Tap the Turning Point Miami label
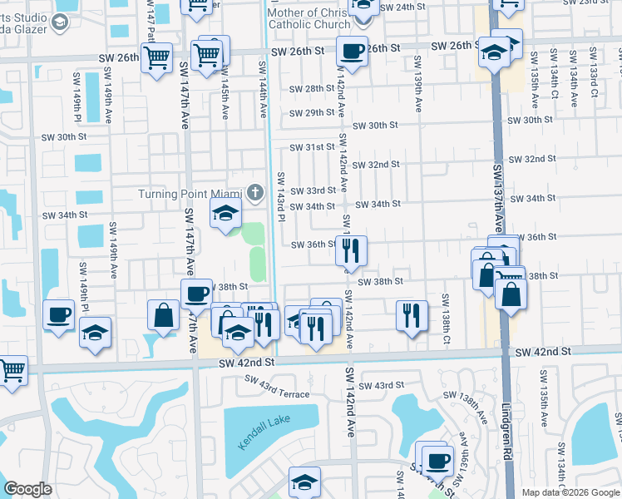click(190, 195)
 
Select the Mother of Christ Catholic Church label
click(309, 19)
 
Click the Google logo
click(27, 489)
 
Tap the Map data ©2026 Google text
click(571, 492)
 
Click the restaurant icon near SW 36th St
click(352, 249)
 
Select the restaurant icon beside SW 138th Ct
click(412, 315)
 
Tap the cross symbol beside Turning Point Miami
click(256, 195)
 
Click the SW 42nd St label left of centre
click(246, 363)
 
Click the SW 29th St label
click(311, 113)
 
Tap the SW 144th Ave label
click(262, 88)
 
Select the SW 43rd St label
click(382, 386)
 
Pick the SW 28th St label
click(311, 88)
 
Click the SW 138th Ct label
click(446, 319)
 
